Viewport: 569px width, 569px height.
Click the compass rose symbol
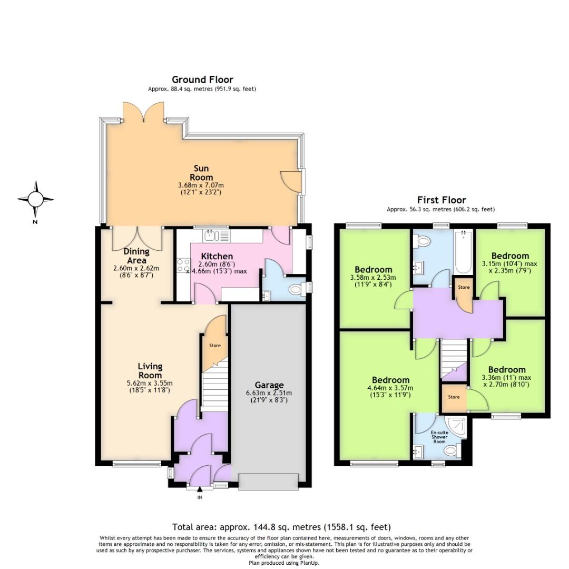[x=35, y=200]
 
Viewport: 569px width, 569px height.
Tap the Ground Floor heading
[x=202, y=80]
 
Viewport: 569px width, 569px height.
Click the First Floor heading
[x=441, y=200]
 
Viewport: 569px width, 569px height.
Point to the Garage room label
[x=269, y=385]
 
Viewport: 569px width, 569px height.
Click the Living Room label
[x=150, y=370]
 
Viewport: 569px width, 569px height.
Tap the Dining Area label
[x=136, y=256]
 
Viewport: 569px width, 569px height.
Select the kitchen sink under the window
[x=217, y=234]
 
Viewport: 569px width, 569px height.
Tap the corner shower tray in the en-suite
[x=453, y=426]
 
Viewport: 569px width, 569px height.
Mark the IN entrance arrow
[x=200, y=493]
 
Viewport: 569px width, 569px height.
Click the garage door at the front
[x=268, y=480]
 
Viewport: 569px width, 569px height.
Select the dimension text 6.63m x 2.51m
[x=269, y=393]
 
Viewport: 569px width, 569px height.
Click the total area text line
[x=281, y=526]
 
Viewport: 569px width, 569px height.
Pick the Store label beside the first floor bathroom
[x=464, y=288]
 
